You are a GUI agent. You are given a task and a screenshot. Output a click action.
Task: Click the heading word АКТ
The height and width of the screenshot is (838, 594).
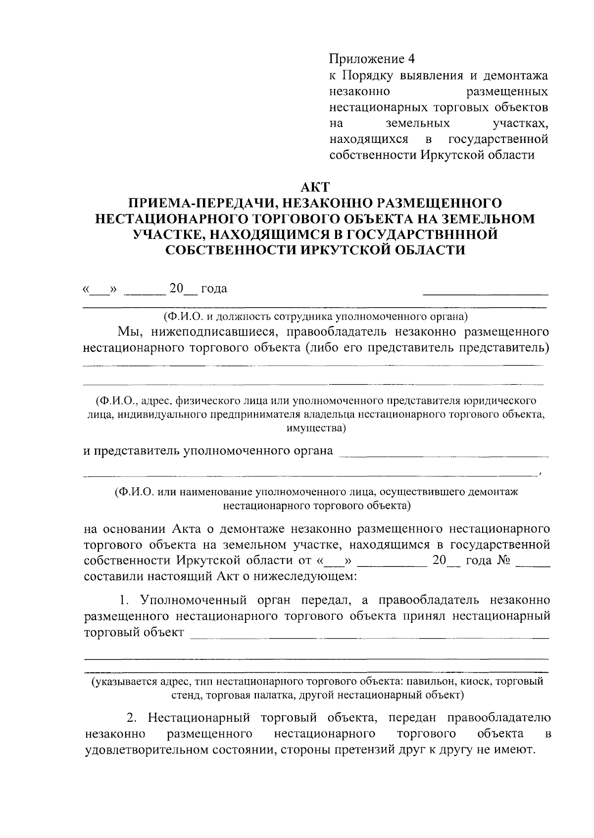(315, 187)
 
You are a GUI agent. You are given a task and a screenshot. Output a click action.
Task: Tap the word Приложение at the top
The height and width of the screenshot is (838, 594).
(367, 59)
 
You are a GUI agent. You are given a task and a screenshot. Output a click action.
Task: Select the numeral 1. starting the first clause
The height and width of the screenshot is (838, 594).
(124, 601)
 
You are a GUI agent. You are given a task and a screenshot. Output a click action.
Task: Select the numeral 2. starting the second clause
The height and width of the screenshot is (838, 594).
(132, 717)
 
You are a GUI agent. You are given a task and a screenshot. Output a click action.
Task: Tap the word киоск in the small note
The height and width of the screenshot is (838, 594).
(476, 682)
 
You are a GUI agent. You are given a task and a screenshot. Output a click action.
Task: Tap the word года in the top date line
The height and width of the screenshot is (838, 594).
(214, 288)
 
